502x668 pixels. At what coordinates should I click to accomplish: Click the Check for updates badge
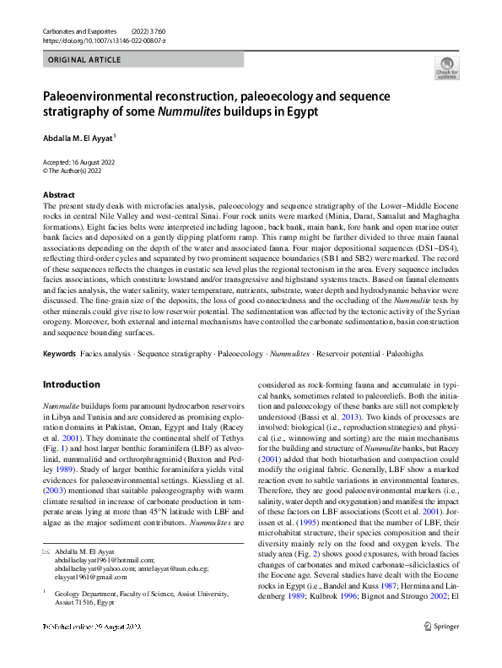[x=446, y=69]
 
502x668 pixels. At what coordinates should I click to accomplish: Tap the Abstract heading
[x=58, y=194]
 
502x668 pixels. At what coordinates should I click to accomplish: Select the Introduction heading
[x=71, y=384]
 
